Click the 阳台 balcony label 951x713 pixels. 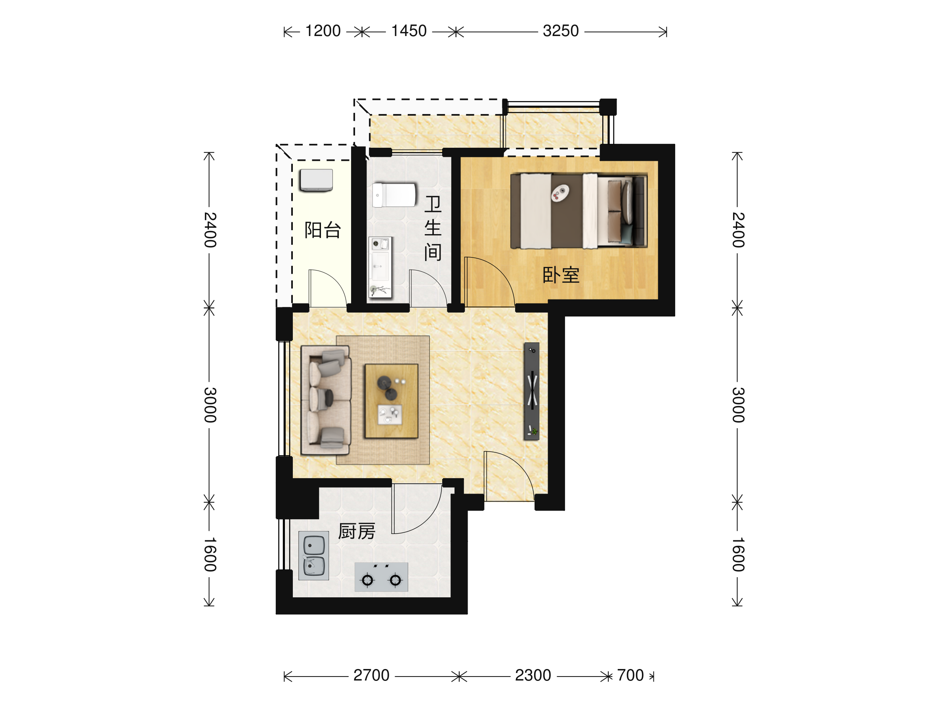point(323,231)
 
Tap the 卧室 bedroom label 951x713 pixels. point(561,275)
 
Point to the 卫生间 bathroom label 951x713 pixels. point(433,228)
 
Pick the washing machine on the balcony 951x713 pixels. point(317,181)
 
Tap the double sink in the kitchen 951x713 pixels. point(314,556)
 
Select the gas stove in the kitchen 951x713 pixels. point(381,577)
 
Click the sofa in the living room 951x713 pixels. point(326,400)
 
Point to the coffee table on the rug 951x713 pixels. point(391,401)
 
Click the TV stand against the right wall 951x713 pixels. point(532,391)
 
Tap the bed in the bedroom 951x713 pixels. point(579,211)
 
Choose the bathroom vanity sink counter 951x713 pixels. point(380,267)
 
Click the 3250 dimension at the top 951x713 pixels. point(561,31)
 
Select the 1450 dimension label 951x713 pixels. point(409,31)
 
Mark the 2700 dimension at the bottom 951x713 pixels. point(371,675)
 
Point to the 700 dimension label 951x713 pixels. point(630,675)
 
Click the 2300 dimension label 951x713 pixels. point(533,675)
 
